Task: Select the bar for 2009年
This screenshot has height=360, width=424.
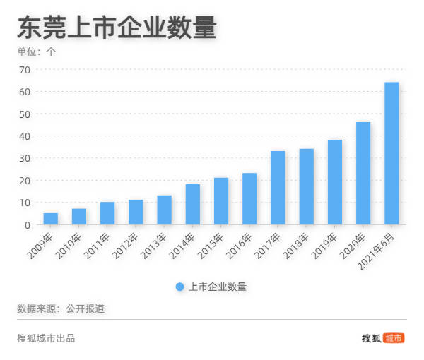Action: click(51, 219)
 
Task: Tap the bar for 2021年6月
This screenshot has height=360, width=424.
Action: click(391, 154)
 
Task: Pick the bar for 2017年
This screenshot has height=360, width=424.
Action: click(278, 188)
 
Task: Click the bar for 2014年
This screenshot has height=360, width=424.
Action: click(193, 205)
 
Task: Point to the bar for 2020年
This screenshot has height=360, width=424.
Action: click(363, 174)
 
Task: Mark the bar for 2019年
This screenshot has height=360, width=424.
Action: click(335, 182)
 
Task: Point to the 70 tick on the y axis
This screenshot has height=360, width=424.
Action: click(24, 70)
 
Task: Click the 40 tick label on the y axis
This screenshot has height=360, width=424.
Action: click(24, 136)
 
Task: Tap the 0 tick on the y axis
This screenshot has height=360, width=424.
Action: click(27, 224)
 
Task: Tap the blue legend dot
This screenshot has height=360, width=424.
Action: click(179, 287)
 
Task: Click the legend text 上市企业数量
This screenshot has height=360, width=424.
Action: click(218, 287)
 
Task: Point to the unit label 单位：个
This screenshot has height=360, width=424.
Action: click(36, 52)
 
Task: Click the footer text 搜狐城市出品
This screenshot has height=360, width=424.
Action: click(46, 338)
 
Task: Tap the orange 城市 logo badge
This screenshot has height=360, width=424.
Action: click(394, 338)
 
